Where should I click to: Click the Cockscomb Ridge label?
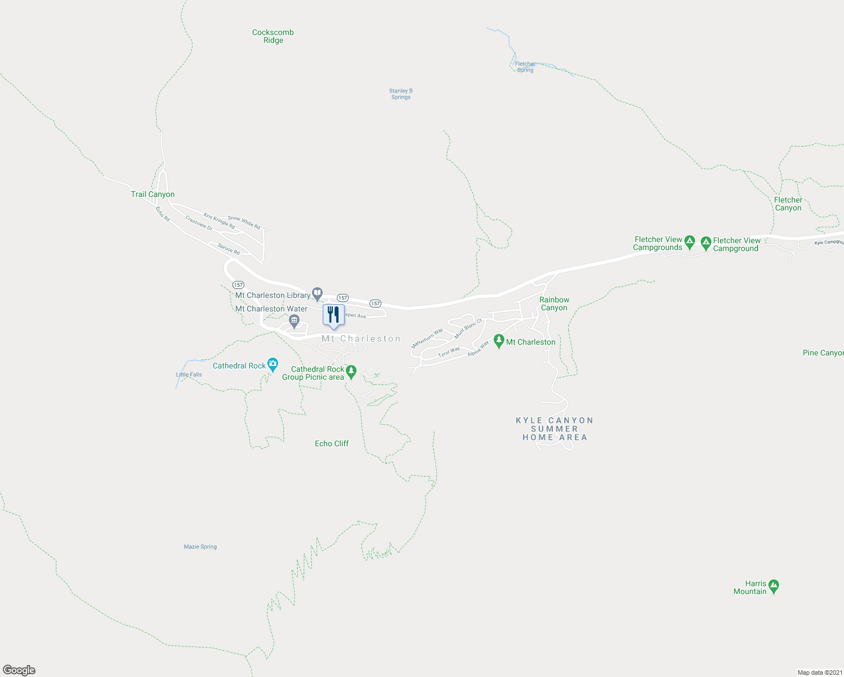[x=273, y=36]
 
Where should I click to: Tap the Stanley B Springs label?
[x=401, y=94]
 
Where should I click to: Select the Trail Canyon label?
[x=153, y=194]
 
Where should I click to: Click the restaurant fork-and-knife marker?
[x=333, y=314]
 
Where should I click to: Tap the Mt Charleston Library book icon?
[x=318, y=293]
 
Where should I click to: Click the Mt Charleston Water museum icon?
[x=294, y=321]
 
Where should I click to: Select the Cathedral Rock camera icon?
[x=273, y=364]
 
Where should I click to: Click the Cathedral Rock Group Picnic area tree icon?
[x=351, y=371]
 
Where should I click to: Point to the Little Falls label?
[x=189, y=375]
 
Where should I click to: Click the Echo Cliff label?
[x=332, y=443]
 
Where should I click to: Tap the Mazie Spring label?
[x=200, y=547]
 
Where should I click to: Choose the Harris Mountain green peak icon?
[x=774, y=586]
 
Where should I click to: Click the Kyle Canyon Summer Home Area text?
[x=555, y=429]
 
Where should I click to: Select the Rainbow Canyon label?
[x=554, y=304]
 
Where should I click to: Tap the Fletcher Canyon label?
[x=788, y=204]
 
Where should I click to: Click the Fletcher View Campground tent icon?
[x=706, y=243]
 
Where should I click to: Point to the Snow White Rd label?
[x=244, y=222]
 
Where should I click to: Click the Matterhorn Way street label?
[x=427, y=338]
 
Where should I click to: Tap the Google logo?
[x=19, y=670]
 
